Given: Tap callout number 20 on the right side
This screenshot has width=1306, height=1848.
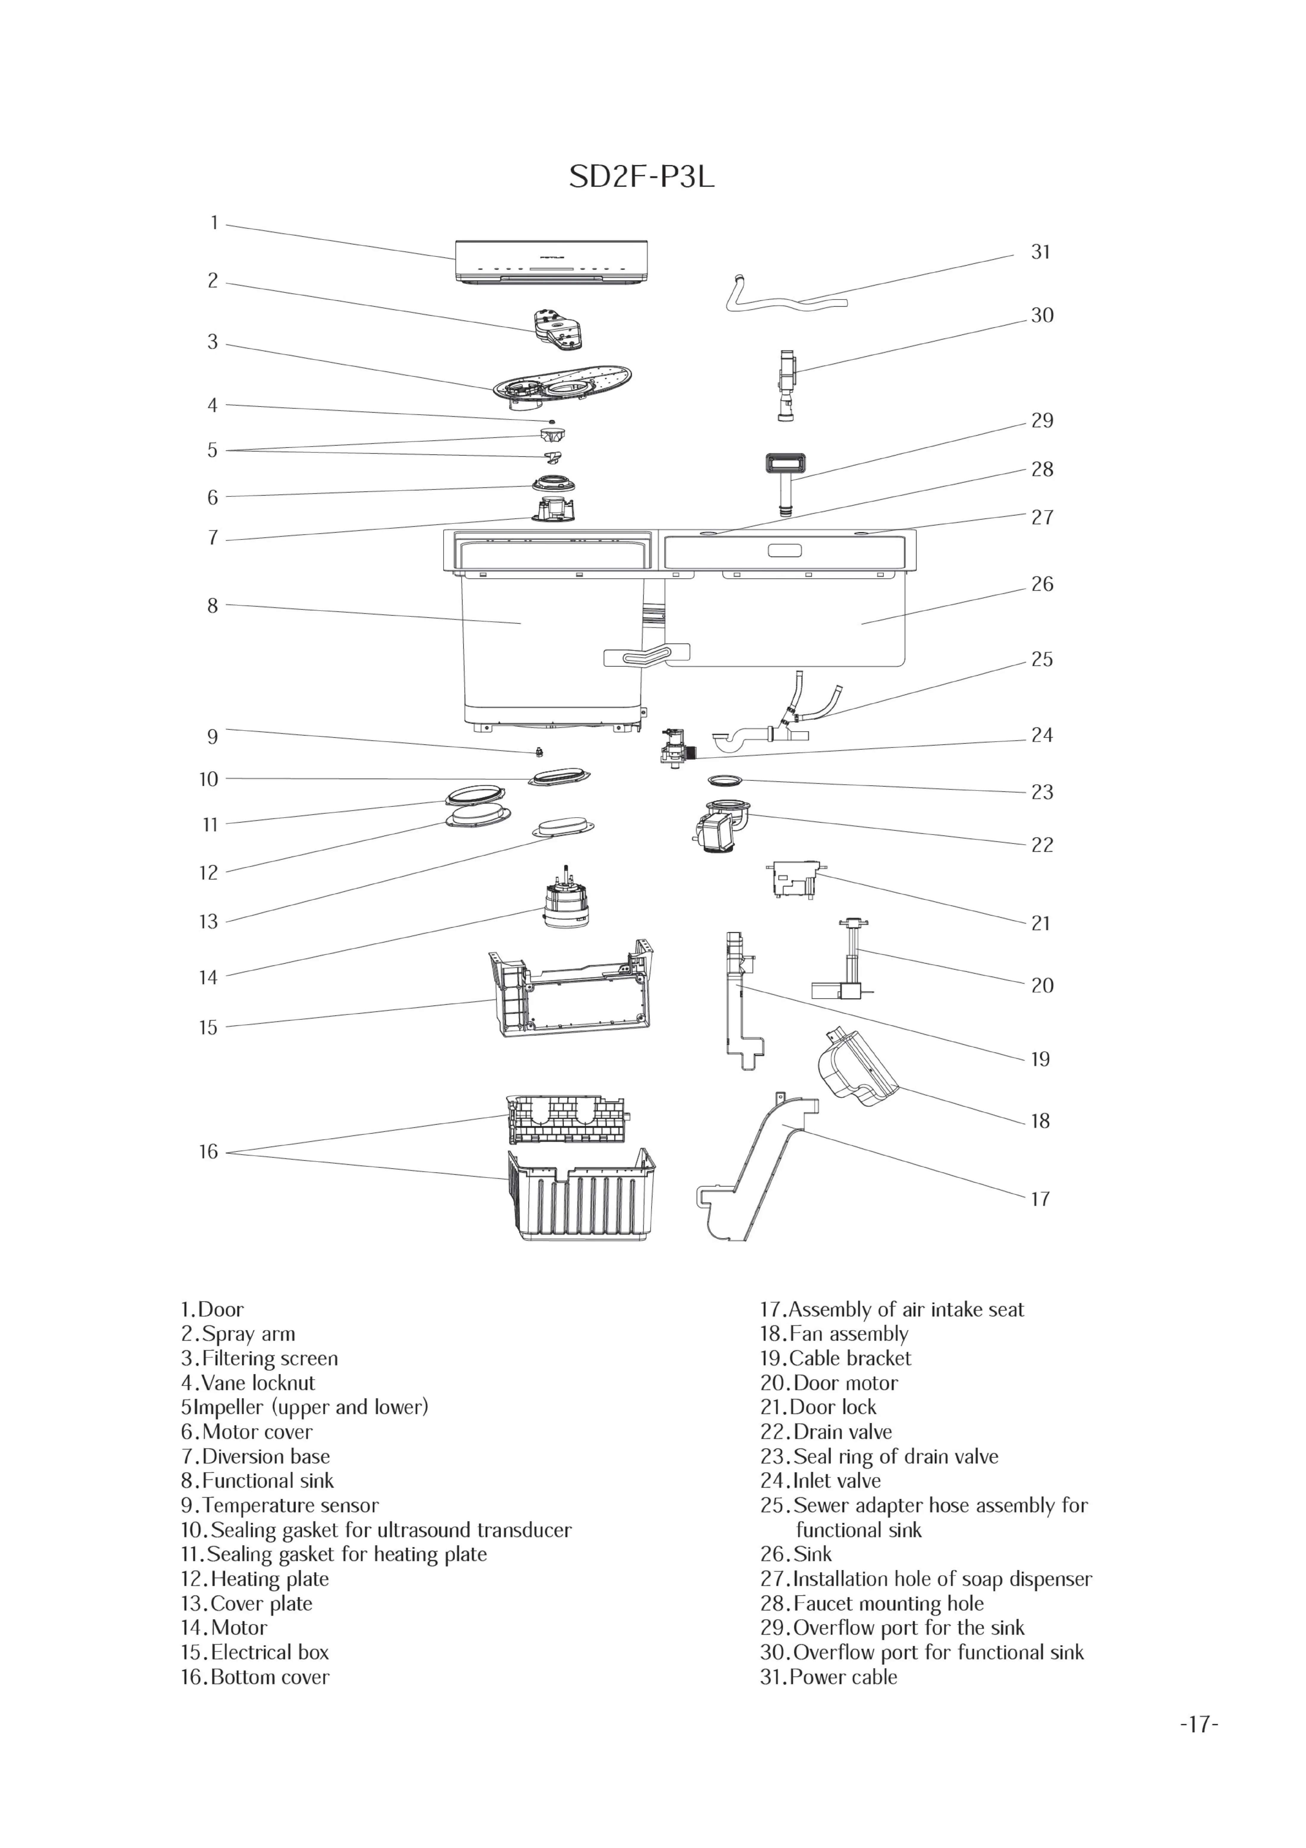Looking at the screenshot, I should pos(1042,986).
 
